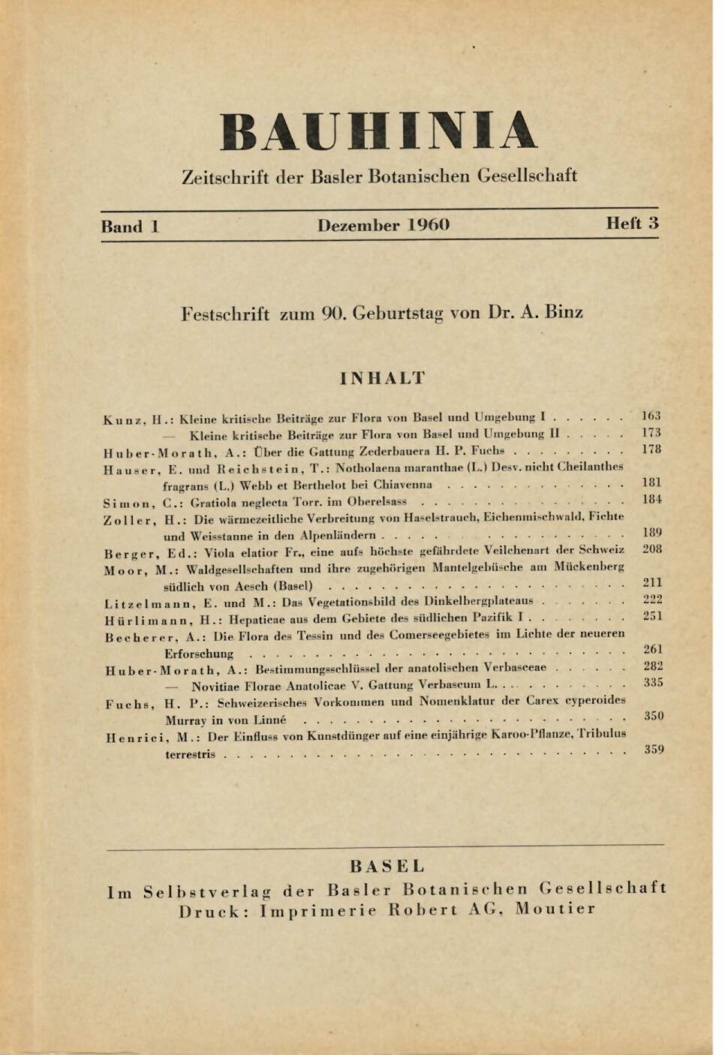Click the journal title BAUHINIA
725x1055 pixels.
coord(378,132)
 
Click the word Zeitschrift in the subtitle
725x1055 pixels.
coord(225,177)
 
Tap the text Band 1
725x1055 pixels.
coord(130,226)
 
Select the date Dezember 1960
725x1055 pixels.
coord(383,225)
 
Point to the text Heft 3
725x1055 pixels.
coord(632,223)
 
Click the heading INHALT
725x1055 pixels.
coord(382,377)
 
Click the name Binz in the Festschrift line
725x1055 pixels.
coord(564,312)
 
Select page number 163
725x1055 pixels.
coord(651,416)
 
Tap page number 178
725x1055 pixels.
coord(651,449)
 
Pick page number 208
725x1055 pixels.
coord(651,549)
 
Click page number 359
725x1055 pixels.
coord(653,749)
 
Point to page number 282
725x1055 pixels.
coord(652,666)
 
